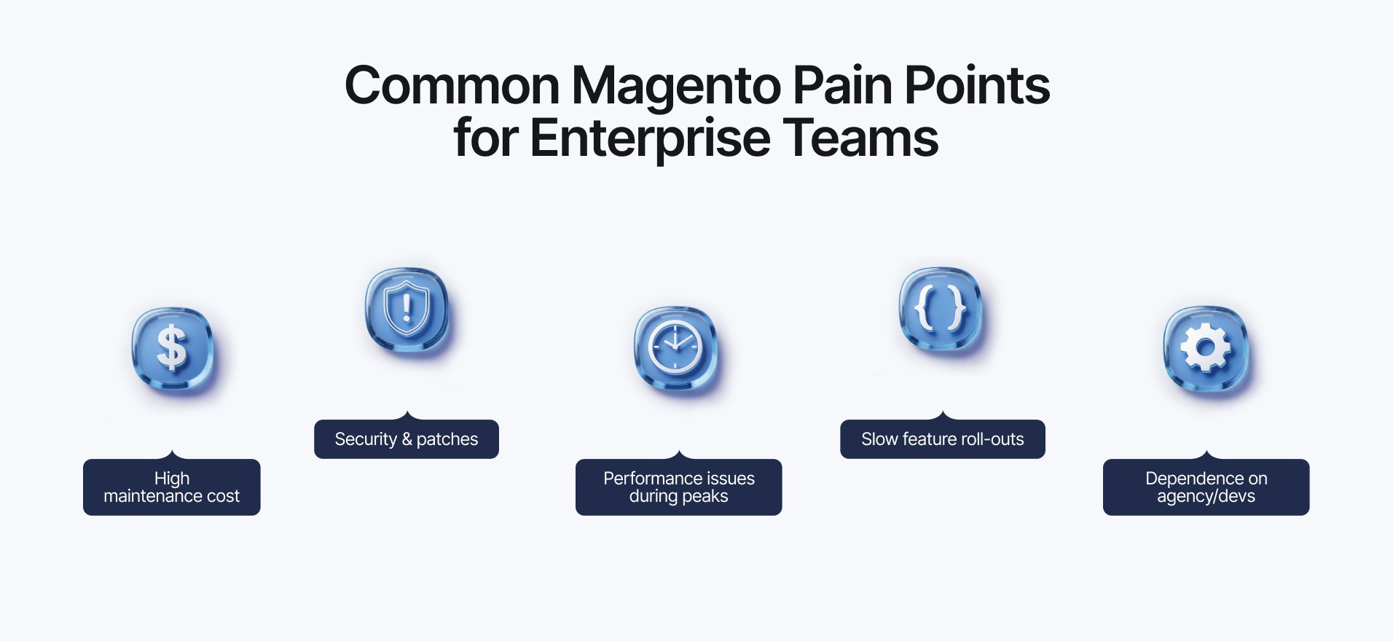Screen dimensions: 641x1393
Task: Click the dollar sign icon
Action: (173, 347)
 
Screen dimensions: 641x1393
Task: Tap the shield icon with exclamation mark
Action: (407, 309)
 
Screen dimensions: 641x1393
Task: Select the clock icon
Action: (675, 347)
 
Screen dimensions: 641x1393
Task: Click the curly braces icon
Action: (940, 309)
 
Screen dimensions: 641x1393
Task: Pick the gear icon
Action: (1206, 347)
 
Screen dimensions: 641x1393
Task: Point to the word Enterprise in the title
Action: (649, 138)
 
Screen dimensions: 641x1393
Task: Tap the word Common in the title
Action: (452, 86)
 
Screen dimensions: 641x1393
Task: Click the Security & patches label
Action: (407, 439)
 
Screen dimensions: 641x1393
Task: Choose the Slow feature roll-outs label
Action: (942, 439)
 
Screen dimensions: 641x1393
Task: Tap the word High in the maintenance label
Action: (172, 479)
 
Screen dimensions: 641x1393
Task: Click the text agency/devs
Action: (1206, 497)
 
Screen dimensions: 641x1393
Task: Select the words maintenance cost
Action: (172, 497)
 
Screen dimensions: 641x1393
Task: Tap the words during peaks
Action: (678, 497)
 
